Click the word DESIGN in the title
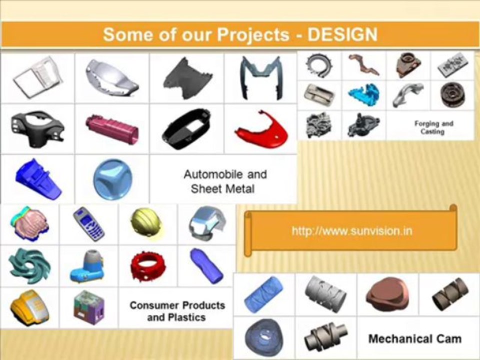342,34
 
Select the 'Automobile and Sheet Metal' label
225,181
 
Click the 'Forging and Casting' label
433,127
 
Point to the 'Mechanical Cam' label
414,339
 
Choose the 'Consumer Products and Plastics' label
177,311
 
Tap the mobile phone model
89,223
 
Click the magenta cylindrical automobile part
111,129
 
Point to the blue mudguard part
38,178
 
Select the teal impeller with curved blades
29,265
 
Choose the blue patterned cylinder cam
263,294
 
